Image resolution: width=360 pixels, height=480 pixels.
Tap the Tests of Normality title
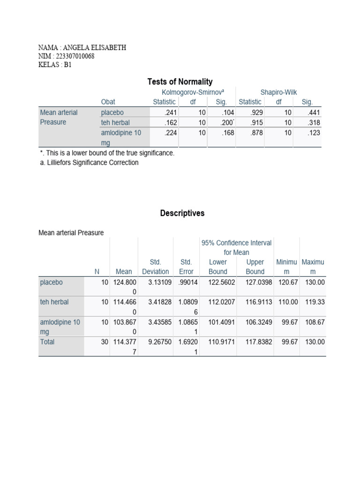(x=180, y=82)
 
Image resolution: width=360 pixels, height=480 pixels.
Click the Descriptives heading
(x=182, y=213)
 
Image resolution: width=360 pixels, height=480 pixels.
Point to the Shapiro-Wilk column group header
(x=278, y=93)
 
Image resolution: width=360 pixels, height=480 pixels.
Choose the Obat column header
(x=108, y=102)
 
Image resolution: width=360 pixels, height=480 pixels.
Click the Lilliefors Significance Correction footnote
(x=89, y=163)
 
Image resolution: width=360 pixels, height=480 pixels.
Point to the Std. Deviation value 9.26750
(x=156, y=342)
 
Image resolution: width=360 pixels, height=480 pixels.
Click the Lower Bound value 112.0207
(x=217, y=302)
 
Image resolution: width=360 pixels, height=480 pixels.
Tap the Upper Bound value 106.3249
(x=255, y=322)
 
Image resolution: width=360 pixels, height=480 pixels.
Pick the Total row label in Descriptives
(x=47, y=342)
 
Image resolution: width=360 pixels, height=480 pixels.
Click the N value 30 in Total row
(x=105, y=342)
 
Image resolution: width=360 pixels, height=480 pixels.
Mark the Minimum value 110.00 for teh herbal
(x=286, y=302)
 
